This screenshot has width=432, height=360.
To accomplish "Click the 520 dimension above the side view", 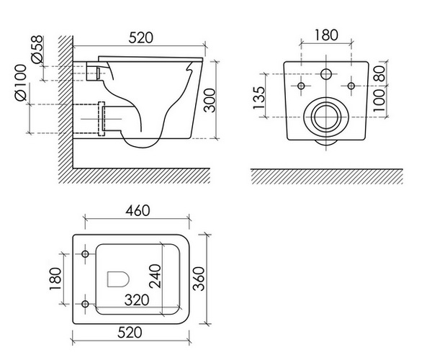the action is pyautogui.click(x=140, y=37).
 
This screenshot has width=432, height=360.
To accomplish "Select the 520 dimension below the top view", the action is pyautogui.click(x=130, y=333).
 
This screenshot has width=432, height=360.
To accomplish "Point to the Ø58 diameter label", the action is pyautogui.click(x=37, y=49).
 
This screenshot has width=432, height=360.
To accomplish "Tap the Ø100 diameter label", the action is pyautogui.click(x=21, y=82).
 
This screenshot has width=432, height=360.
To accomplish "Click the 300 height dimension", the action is pyautogui.click(x=209, y=100).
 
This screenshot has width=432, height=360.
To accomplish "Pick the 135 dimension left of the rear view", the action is pyautogui.click(x=259, y=98).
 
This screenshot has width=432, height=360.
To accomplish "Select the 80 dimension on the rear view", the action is pyautogui.click(x=380, y=73).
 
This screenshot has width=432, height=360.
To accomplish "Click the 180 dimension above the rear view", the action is pyautogui.click(x=326, y=35).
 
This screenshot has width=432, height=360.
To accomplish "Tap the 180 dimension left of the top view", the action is pyautogui.click(x=55, y=279).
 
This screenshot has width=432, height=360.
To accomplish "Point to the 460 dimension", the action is pyautogui.click(x=138, y=211).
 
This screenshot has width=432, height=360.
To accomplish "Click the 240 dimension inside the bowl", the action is pyautogui.click(x=155, y=276).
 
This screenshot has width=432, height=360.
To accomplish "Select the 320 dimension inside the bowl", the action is pyautogui.click(x=137, y=300).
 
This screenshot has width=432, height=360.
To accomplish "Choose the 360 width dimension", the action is pyautogui.click(x=199, y=279).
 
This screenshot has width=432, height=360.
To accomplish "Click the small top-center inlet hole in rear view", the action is pyautogui.click(x=326, y=74).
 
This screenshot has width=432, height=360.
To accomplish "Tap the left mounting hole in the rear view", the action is pyautogui.click(x=301, y=86).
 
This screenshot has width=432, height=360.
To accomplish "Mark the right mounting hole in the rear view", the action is pyautogui.click(x=351, y=86).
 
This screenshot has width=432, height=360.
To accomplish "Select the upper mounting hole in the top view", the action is pyautogui.click(x=86, y=253).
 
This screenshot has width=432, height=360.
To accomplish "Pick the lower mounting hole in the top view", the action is pyautogui.click(x=86, y=304).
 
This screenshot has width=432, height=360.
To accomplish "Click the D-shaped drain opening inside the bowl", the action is pyautogui.click(x=118, y=279).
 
